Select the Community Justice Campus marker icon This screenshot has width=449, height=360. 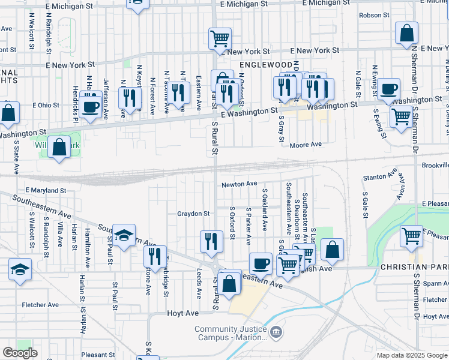276,331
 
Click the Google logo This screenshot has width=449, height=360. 20,353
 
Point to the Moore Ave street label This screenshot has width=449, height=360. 306,145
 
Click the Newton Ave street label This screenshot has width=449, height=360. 238,184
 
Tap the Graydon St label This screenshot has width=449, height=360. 193,213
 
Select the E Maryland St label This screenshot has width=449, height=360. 45,190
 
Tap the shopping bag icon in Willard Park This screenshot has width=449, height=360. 59,147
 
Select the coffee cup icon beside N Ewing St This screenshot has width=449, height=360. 388,89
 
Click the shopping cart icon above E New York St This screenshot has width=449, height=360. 220,38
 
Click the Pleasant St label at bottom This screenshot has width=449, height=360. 98,355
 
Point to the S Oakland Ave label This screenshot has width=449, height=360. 264,209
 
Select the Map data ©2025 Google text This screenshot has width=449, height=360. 412,355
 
